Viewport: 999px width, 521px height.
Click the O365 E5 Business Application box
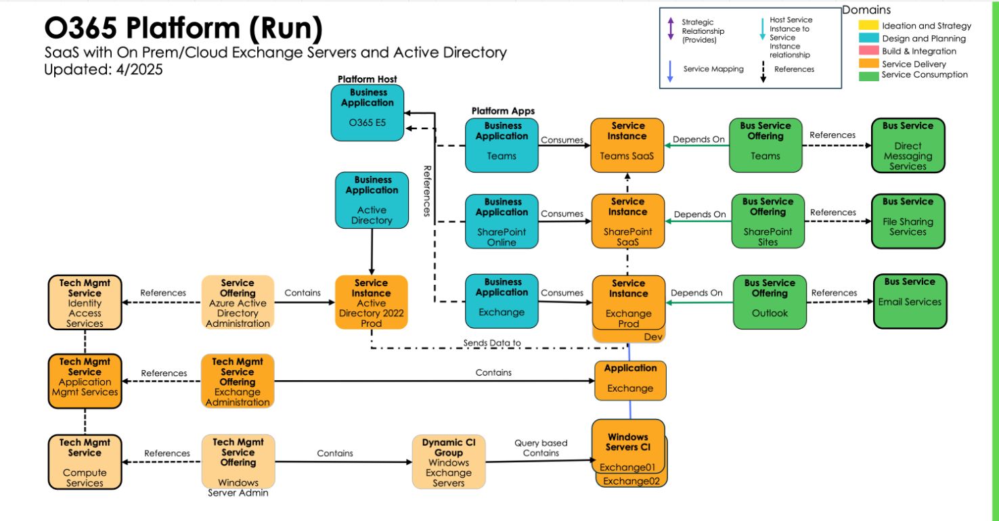point(367,112)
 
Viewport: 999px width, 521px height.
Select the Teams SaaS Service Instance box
point(627,145)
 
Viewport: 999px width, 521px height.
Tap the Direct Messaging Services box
point(908,145)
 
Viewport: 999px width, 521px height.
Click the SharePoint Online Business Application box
point(502,221)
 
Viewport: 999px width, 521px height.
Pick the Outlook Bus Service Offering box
point(770,302)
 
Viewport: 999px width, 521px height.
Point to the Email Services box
point(909,300)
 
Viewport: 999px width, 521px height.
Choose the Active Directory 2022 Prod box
point(371,302)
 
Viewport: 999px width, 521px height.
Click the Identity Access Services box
point(85,302)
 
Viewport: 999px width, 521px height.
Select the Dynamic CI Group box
point(449,461)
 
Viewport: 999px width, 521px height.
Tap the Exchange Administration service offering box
point(238,382)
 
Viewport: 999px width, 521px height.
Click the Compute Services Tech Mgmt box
point(85,462)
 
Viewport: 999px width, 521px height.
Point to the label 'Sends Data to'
point(492,343)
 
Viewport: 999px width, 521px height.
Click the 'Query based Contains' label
point(541,448)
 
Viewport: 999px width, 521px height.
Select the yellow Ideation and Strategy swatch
point(868,26)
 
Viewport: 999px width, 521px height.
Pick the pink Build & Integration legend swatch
point(868,51)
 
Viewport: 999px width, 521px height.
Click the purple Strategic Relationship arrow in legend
point(671,29)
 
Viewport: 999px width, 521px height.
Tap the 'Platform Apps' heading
point(503,111)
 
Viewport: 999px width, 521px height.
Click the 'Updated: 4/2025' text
point(104,69)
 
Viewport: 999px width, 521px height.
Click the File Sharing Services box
point(908,221)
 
